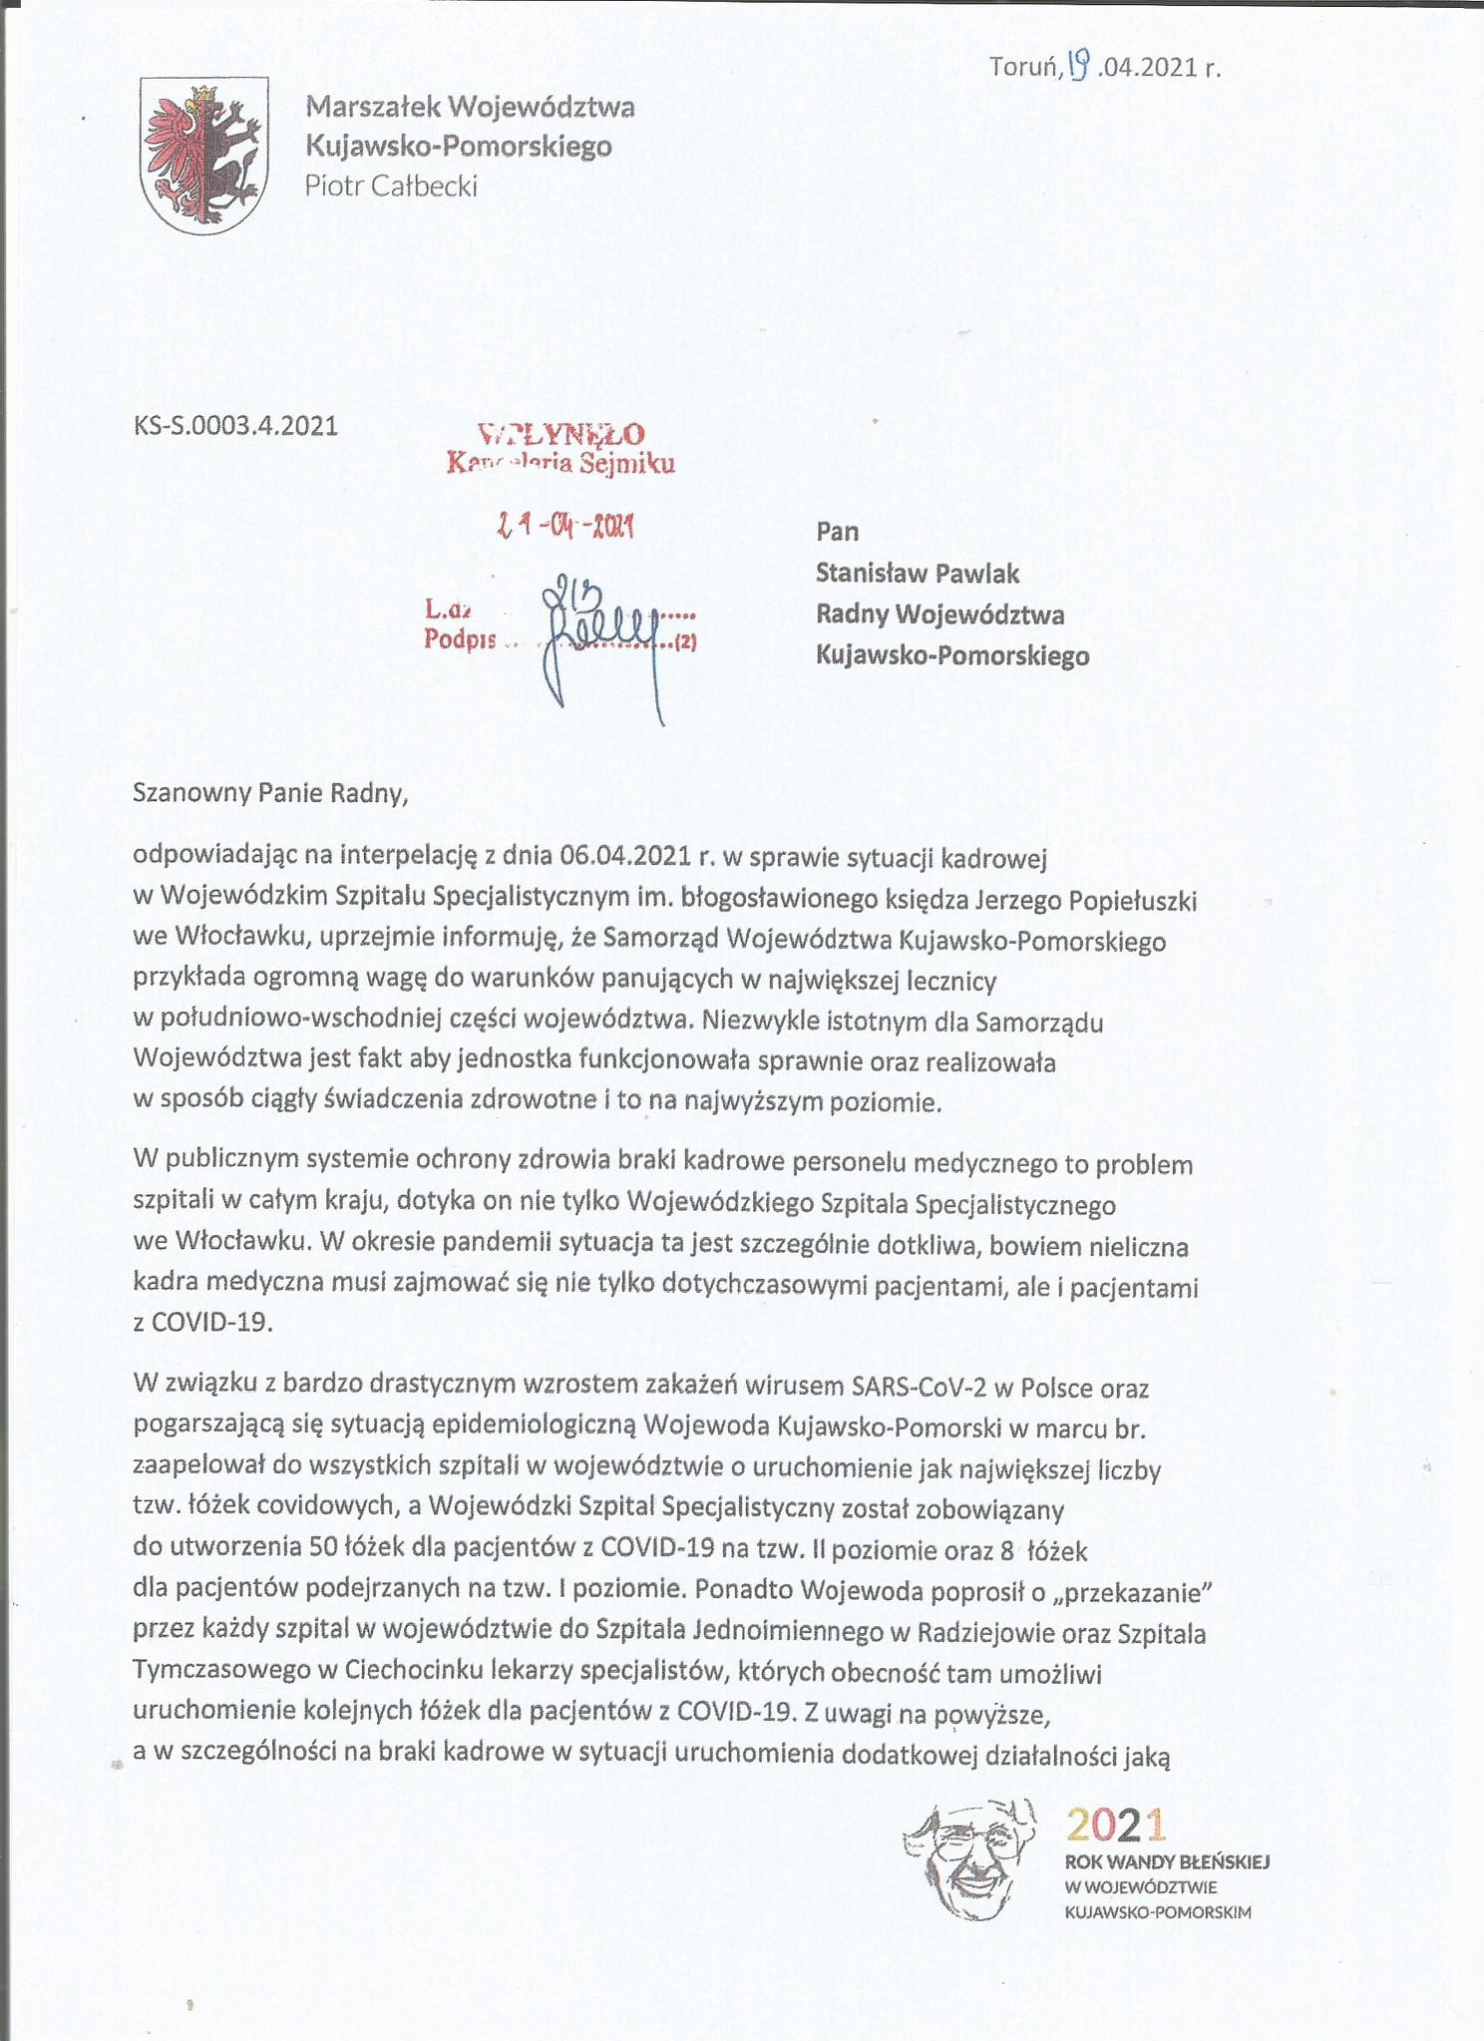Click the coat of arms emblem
(x=203, y=157)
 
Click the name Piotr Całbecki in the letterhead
(x=391, y=186)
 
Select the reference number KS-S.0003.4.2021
(x=235, y=426)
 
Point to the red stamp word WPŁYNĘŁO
(x=561, y=434)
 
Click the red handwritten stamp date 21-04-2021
(x=565, y=525)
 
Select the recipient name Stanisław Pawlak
(x=918, y=574)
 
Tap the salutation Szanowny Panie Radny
(x=270, y=793)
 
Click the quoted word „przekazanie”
(x=1138, y=1592)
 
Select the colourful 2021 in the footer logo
(x=1115, y=1825)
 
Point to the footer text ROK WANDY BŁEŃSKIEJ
(x=1167, y=1861)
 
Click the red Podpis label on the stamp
(x=460, y=639)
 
